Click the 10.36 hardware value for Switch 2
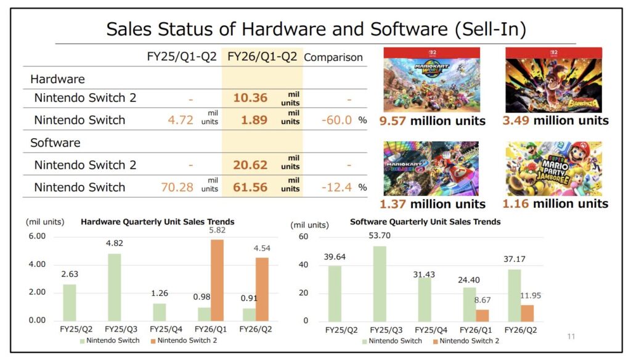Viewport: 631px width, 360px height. (250, 97)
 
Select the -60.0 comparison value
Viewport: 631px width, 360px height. (336, 120)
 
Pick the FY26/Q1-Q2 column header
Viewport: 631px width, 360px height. (262, 57)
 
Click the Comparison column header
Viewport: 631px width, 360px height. (333, 58)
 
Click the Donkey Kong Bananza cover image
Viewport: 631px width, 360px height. (553, 80)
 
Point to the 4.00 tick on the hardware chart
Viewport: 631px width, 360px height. (37, 264)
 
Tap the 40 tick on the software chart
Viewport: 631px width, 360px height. (303, 264)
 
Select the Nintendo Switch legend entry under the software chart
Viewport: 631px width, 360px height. (392, 340)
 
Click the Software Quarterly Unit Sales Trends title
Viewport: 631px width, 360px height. (425, 221)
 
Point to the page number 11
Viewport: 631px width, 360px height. (571, 337)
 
